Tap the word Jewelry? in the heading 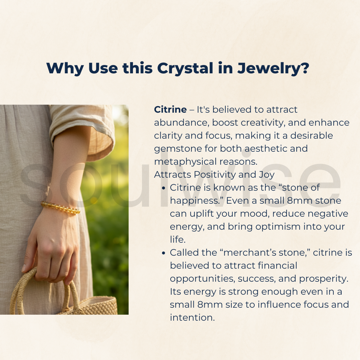(273, 69)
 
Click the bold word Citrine (170, 109)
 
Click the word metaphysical (185, 162)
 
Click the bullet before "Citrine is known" (163, 188)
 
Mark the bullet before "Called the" (163, 253)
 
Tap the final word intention (192, 318)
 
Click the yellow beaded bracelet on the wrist (60, 207)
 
